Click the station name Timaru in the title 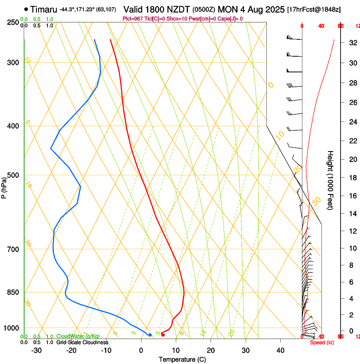pos(44,9)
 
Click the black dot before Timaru pos(26,9)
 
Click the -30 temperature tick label pos(36,350)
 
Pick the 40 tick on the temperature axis pos(280,350)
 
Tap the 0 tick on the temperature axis pos(141,350)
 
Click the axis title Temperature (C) pos(182,359)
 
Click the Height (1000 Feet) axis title pos(331,180)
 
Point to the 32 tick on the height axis pos(352,43)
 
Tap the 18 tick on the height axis pos(352,178)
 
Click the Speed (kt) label pos(322,342)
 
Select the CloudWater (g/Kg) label pos(78,336)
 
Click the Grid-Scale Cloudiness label pos(82,342)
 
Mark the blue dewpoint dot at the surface pos(150,335)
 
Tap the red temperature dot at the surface pos(163,335)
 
